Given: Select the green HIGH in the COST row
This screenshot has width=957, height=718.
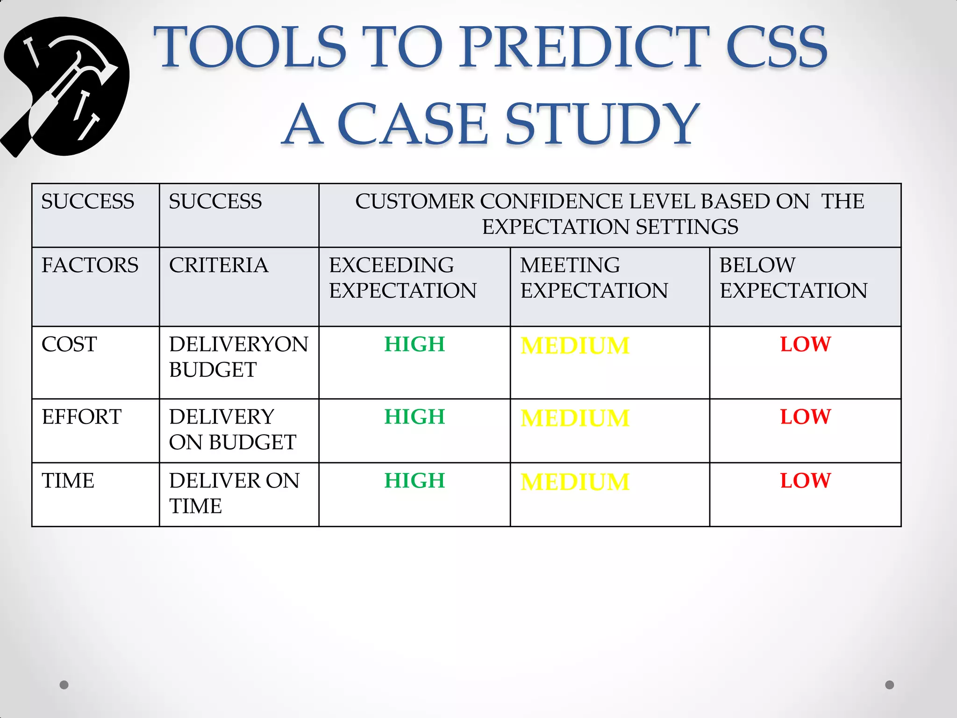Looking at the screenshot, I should tap(414, 345).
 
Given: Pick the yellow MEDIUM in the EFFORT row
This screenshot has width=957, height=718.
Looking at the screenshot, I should tap(575, 418).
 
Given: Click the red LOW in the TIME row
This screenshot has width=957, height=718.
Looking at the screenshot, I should tap(805, 481).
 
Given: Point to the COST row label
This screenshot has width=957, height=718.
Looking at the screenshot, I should tap(69, 345).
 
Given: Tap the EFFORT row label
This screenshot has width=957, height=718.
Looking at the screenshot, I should tap(81, 417).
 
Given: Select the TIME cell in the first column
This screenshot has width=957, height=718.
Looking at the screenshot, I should tap(68, 481).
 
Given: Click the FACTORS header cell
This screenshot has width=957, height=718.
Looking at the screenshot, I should tap(90, 266).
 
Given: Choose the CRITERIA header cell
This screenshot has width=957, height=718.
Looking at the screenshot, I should tap(218, 266).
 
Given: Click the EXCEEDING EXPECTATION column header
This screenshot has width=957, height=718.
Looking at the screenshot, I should tap(402, 278).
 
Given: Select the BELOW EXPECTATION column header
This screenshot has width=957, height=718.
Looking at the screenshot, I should tap(793, 278).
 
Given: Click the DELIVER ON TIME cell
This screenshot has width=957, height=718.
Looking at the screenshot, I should tap(234, 493).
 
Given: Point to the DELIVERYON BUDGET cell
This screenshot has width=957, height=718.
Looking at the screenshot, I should tap(238, 357).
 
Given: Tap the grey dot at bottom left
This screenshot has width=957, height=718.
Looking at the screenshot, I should tap(64, 685).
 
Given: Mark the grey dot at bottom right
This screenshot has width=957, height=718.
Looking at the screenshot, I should tap(889, 685).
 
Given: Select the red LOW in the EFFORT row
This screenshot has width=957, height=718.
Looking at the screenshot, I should tap(805, 417).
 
